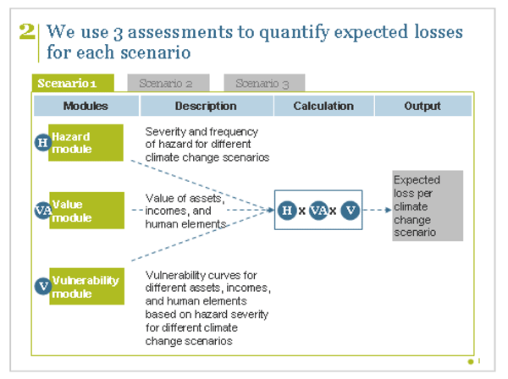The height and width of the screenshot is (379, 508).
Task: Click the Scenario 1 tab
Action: (73, 83)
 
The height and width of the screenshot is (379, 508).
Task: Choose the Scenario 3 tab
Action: (262, 83)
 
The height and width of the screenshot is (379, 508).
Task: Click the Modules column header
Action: (86, 106)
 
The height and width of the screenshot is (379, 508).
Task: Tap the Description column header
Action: (206, 106)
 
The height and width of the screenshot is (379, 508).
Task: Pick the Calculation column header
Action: (323, 106)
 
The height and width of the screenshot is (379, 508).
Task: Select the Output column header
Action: (422, 106)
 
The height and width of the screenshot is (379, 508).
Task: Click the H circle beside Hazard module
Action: (42, 142)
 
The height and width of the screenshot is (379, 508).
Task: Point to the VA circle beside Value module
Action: (42, 211)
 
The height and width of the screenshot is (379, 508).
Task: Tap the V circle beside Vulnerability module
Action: (42, 286)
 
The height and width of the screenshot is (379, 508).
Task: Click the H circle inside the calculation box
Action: (287, 210)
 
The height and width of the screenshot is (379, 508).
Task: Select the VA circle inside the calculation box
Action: (318, 210)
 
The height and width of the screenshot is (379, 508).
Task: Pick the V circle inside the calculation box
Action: (350, 210)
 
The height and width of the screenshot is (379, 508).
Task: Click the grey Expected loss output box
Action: (428, 206)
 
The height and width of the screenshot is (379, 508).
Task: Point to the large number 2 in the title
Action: (27, 32)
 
